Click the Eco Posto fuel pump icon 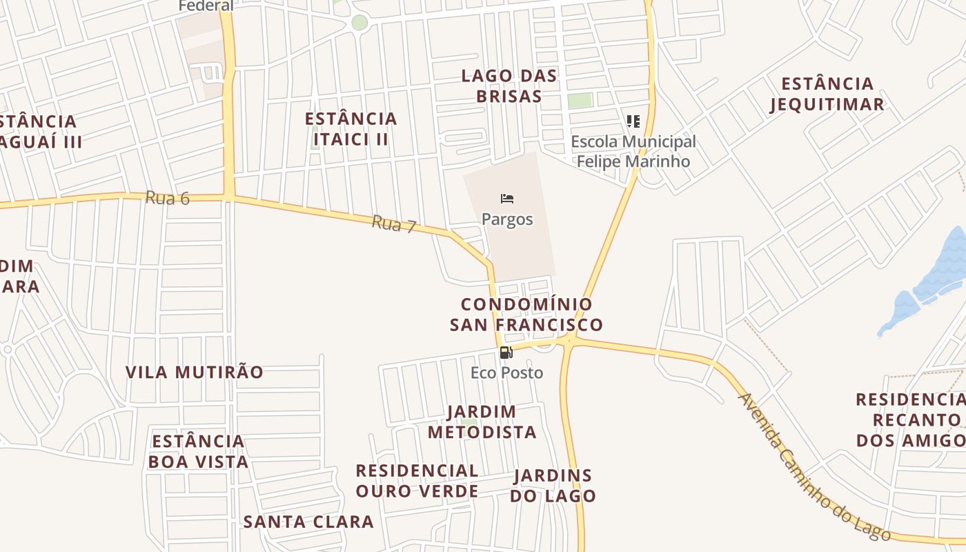point(506,353)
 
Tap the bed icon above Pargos point(507,199)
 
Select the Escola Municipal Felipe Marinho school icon point(633,121)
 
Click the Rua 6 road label point(167,198)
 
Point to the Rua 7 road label point(394,224)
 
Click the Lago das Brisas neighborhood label point(509,86)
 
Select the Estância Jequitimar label point(827,94)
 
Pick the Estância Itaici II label point(351,128)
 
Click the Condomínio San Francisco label point(526,314)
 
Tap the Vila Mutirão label point(194,372)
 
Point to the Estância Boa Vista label point(198,451)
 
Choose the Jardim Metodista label point(482,422)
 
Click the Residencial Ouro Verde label point(417,480)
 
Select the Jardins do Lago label point(553,485)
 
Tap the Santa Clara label point(308,522)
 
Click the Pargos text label point(507,219)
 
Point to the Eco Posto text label point(506,373)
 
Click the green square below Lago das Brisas point(580,101)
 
